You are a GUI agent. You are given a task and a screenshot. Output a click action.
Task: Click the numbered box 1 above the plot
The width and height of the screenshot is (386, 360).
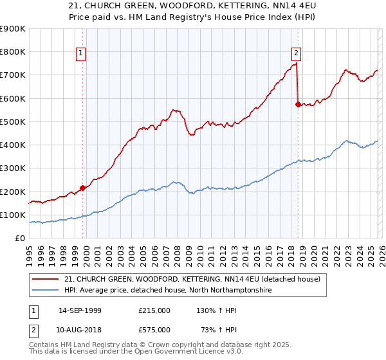[82, 53]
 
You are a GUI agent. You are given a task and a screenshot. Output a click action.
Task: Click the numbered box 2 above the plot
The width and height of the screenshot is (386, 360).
[296, 53]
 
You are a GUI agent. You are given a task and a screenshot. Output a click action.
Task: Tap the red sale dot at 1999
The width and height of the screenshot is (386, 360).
[82, 188]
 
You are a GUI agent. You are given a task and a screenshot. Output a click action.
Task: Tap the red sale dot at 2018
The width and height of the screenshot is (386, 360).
[298, 104]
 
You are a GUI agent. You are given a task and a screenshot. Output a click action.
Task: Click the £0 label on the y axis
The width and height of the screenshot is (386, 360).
[21, 239]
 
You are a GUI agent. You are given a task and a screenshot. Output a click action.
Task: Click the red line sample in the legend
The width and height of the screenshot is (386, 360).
[46, 279]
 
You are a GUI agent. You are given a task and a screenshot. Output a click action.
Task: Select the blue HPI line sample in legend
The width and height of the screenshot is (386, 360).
[46, 291]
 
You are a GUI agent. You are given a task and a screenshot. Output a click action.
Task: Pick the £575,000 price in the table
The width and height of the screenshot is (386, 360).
[154, 329]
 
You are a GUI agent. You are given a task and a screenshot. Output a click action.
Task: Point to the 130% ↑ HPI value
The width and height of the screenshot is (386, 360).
[212, 310]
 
